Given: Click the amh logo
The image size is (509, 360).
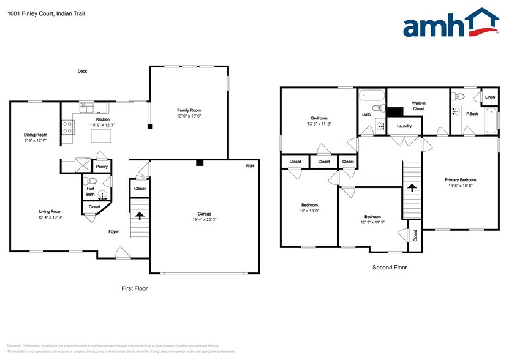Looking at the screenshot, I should (x=450, y=25).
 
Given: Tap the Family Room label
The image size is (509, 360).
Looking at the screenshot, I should (x=189, y=110).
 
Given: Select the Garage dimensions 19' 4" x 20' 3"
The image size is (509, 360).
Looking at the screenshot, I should (x=204, y=219).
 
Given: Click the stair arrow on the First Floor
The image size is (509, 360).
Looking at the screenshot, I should (x=140, y=216).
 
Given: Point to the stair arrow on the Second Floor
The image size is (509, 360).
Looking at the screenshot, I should (x=412, y=186).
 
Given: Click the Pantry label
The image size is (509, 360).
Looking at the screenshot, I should (x=102, y=166).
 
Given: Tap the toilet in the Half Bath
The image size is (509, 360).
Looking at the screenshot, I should (x=92, y=181).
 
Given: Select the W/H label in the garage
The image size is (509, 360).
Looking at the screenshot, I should (x=250, y=166).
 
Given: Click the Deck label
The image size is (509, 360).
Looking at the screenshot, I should (x=82, y=72).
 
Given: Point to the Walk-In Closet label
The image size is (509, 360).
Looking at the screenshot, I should (x=418, y=106).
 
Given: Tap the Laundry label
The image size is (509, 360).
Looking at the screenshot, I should (x=404, y=126).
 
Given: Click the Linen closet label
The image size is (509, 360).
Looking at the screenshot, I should (x=489, y=97).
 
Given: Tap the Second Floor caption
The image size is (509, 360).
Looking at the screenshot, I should (x=390, y=267).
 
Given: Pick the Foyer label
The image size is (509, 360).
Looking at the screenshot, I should (x=114, y=231).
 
